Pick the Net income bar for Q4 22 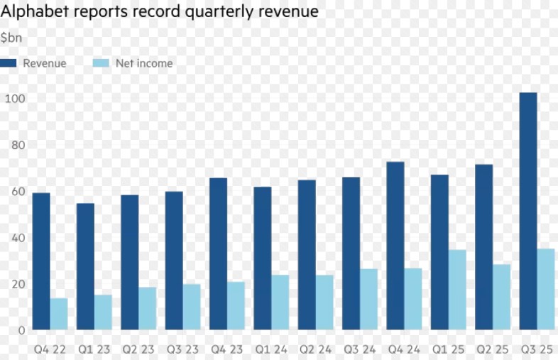59,314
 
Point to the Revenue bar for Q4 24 395,246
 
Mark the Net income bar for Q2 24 324,302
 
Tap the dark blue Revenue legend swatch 9,63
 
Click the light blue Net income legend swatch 101,63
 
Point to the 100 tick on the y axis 16,98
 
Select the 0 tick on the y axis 21,329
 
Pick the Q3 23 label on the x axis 182,349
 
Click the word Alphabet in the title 30,12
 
